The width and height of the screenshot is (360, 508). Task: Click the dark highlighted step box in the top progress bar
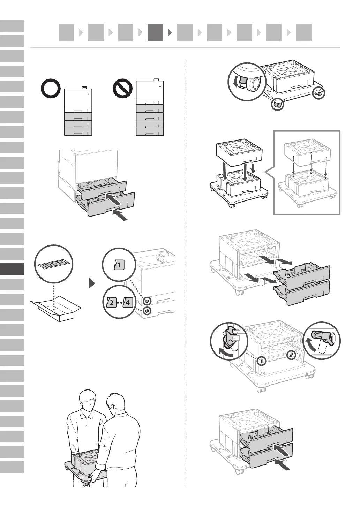point(155,32)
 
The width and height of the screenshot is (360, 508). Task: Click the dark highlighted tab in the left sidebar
point(12,269)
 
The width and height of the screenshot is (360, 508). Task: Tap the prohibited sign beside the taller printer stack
point(122,89)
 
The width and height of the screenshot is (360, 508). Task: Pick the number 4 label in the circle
point(127,302)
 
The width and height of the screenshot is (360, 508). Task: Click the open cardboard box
point(56,309)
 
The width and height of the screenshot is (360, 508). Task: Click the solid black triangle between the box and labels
point(92,283)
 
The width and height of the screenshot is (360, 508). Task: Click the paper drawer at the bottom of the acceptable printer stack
point(78,132)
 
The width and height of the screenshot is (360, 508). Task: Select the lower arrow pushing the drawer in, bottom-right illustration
point(283,465)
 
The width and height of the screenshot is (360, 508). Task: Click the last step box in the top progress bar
point(303,32)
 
